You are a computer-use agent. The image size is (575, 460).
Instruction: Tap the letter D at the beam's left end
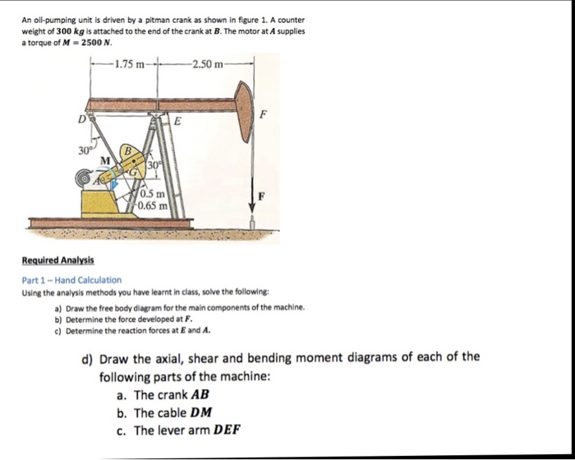[x=80, y=121]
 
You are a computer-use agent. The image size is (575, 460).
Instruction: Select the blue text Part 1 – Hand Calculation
[x=71, y=280]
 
